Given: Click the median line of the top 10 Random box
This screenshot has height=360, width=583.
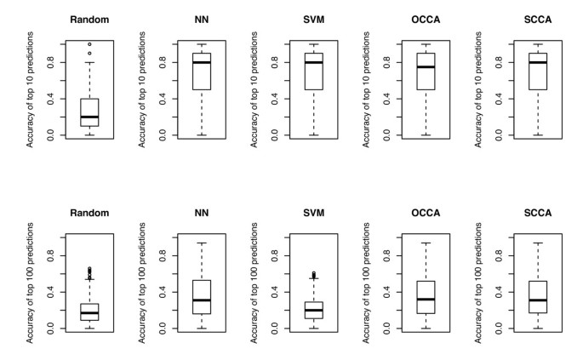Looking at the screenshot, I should click(x=89, y=117).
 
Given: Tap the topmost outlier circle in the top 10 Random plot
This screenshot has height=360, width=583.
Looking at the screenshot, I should click(x=89, y=43).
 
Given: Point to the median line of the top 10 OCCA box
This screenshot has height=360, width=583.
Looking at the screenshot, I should click(x=426, y=67).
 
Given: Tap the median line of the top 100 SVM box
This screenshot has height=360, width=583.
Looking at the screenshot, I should click(x=313, y=310).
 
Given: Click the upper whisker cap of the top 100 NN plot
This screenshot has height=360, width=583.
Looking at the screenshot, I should click(x=201, y=243).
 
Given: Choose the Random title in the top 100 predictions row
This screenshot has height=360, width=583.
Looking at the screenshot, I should click(x=89, y=213).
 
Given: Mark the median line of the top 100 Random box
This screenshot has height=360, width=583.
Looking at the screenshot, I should click(x=89, y=312).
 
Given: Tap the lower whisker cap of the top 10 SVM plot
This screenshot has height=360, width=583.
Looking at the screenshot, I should click(x=313, y=135).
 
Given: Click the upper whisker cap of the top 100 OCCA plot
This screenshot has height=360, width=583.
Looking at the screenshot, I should click(x=426, y=243).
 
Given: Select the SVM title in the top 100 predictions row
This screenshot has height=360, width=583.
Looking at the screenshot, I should click(x=313, y=213).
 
